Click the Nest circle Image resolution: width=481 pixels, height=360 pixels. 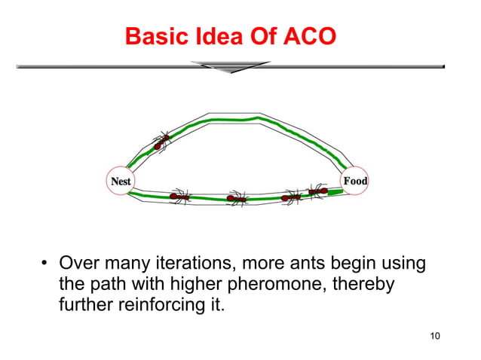point(121,182)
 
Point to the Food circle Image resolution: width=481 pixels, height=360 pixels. point(355,181)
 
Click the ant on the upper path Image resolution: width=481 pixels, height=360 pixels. point(161,141)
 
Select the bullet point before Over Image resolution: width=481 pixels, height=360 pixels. point(45,264)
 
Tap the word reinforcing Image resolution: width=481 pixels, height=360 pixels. point(154,307)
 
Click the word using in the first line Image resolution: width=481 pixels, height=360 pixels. point(400,264)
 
